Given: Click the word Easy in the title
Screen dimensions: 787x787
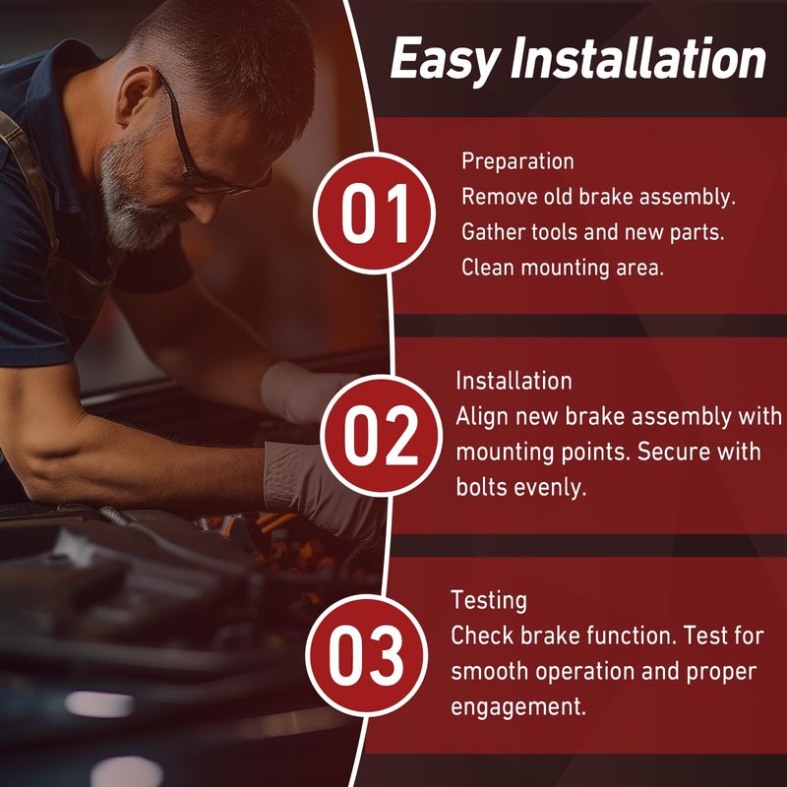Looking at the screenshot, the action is coord(446,60).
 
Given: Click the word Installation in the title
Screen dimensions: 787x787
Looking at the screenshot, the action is coord(637,58).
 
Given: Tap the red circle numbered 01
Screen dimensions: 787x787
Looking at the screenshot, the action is coord(375,213).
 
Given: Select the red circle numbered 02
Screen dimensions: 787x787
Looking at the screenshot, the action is coord(381,436).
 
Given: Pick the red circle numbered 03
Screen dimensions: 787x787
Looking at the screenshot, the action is coord(366,655).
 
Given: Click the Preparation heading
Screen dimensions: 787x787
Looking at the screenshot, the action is coord(517,162).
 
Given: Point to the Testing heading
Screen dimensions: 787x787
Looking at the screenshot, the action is coord(489,601).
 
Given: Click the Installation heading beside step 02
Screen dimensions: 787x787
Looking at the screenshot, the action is coord(514,381).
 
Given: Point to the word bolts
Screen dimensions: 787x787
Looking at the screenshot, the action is coord(478,487).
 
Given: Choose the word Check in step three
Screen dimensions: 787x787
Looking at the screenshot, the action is coord(482,636).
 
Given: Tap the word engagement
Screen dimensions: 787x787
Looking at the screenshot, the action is coord(518,707).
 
